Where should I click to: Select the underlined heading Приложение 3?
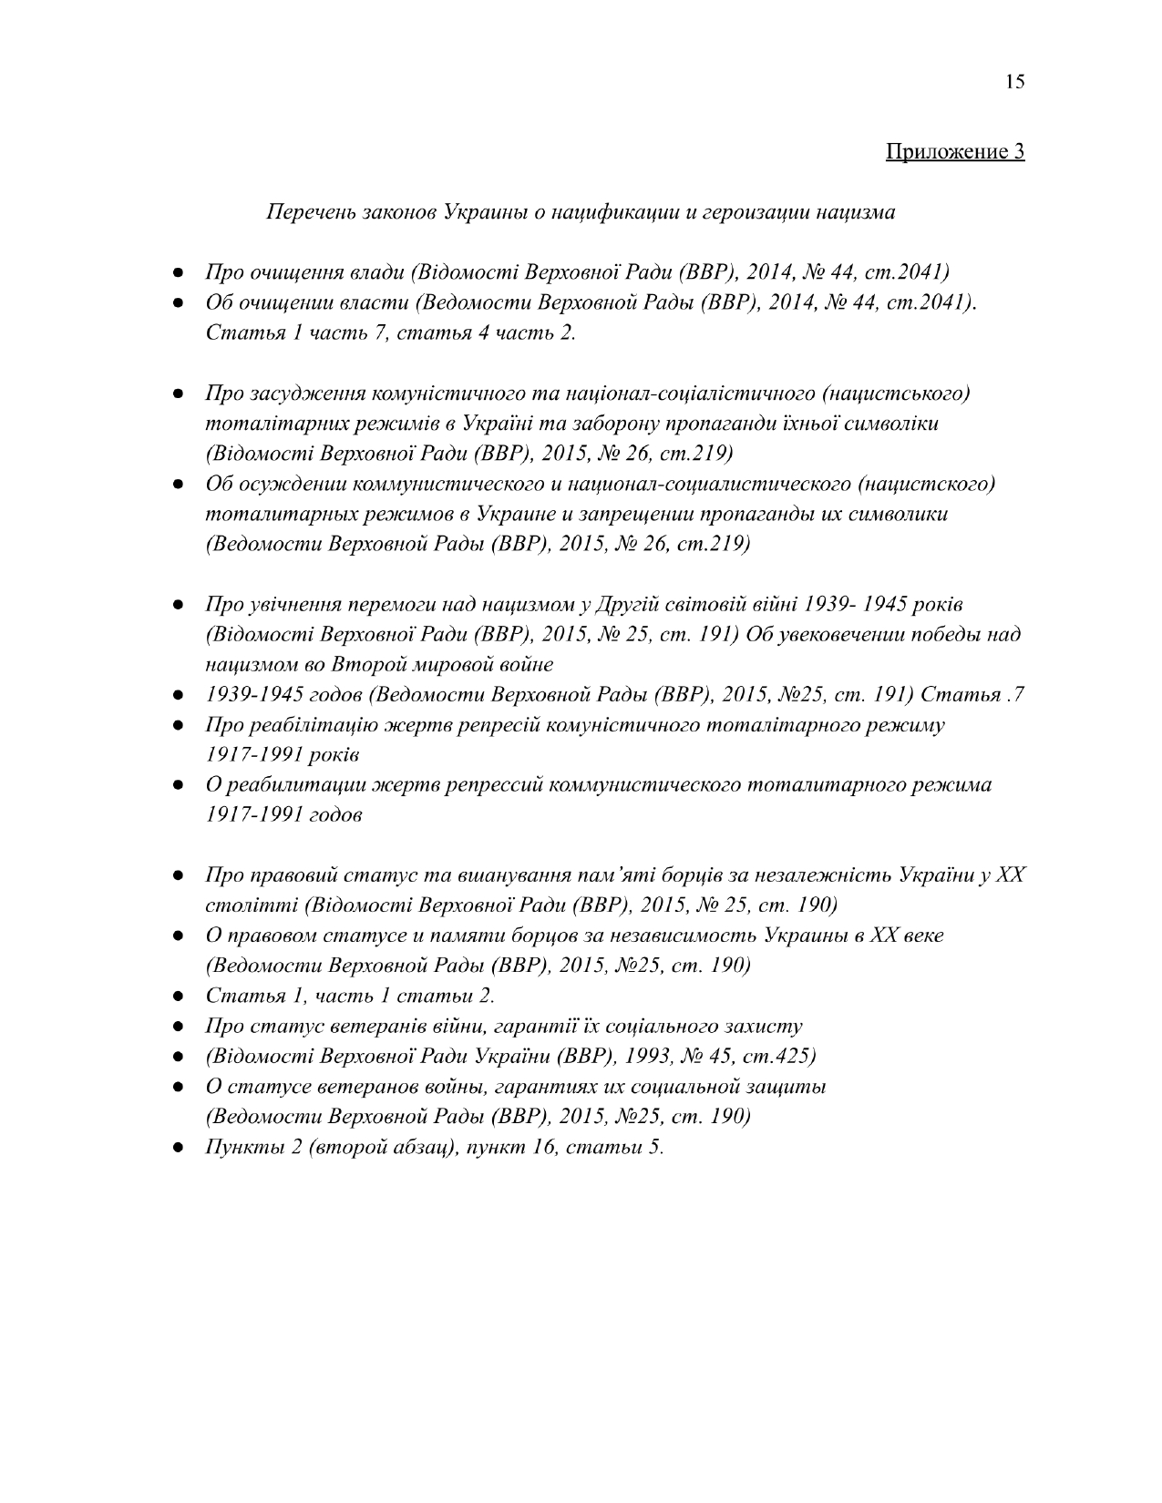click(955, 151)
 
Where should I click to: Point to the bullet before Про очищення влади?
click(180, 272)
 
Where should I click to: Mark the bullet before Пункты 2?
click(180, 1147)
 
